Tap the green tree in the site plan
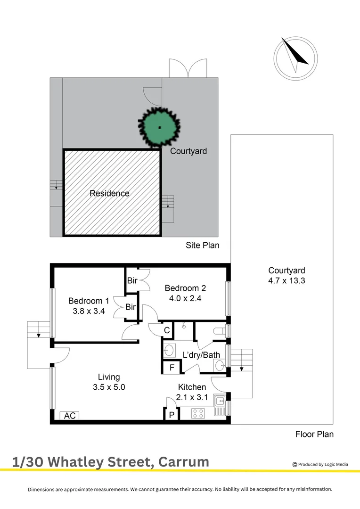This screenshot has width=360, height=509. (160, 127)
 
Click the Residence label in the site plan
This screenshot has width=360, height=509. (109, 193)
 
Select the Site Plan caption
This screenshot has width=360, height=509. (202, 245)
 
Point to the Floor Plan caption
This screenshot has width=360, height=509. (314, 434)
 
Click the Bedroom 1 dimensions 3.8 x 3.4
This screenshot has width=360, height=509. (89, 311)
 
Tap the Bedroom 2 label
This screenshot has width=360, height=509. (185, 288)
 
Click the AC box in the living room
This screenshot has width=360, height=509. (70, 416)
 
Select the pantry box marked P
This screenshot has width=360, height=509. (172, 414)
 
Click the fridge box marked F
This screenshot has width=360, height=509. (172, 367)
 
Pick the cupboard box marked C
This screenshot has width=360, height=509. (166, 330)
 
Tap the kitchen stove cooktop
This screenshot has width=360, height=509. (198, 413)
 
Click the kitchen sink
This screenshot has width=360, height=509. (220, 402)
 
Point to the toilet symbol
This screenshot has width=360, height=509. (219, 331)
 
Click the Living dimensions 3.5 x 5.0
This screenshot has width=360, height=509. (109, 387)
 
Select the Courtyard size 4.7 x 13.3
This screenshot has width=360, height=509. (286, 280)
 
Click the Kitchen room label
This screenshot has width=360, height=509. (191, 387)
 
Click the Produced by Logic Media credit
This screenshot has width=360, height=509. (320, 464)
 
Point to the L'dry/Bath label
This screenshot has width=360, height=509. (201, 354)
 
